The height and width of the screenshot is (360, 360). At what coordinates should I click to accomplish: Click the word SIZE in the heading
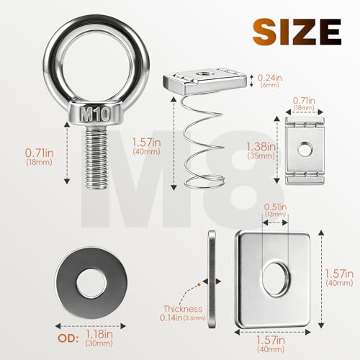point(297,32)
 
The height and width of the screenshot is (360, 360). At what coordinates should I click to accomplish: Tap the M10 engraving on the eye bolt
point(95,114)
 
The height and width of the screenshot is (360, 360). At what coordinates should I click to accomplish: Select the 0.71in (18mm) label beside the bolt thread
point(40,157)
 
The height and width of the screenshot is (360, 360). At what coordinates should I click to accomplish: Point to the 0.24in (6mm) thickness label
point(269,81)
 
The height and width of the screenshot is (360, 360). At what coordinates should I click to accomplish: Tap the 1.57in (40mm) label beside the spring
point(146,146)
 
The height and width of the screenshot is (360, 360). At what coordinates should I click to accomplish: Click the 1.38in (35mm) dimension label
point(261,150)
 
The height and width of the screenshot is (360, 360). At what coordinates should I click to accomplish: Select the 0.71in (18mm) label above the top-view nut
point(304,104)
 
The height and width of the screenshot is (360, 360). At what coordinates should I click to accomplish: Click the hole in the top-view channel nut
point(305,149)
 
